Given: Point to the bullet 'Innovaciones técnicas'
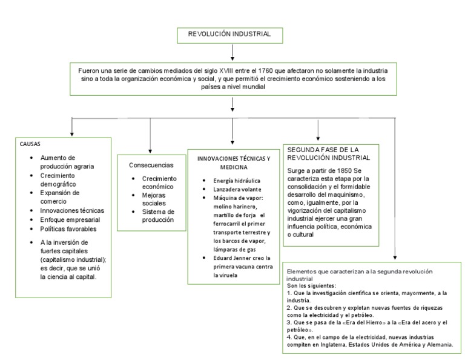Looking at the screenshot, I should pyautogui.click(x=72, y=210).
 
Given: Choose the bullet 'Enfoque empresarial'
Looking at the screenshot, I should pyautogui.click(x=70, y=219).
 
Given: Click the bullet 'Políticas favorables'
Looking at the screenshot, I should pyautogui.click(x=68, y=229).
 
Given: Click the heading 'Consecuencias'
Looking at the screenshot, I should pyautogui.click(x=151, y=165).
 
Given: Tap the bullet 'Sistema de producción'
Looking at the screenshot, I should pyautogui.click(x=158, y=216).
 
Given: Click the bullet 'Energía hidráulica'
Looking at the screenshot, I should pyautogui.click(x=236, y=181).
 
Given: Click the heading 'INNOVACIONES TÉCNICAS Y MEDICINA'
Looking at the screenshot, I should pyautogui.click(x=234, y=162).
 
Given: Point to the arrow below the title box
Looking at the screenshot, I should pyautogui.click(x=232, y=52).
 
